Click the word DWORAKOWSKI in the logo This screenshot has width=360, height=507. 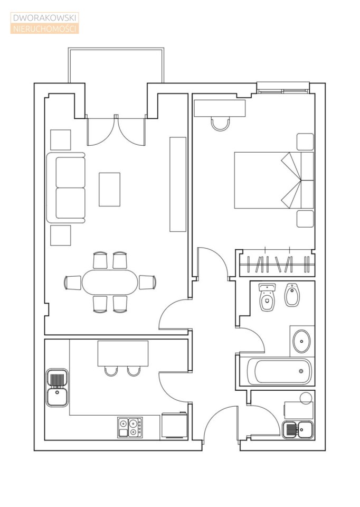[44, 18]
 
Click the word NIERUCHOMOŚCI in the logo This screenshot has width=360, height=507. [44, 29]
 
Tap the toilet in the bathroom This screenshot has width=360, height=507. [267, 297]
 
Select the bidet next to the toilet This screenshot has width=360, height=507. [292, 295]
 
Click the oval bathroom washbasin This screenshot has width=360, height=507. [301, 341]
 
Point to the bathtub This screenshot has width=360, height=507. [279, 371]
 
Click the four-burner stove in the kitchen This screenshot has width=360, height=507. [130, 427]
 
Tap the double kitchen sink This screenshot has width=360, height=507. [57, 388]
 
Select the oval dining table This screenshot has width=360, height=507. [110, 282]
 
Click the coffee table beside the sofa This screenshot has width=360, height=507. [110, 190]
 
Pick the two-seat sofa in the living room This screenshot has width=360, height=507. [66, 188]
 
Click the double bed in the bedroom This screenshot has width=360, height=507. [274, 180]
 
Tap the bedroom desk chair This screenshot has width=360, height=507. [221, 124]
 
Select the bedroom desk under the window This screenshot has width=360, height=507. [220, 108]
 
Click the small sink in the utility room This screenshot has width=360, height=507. [298, 430]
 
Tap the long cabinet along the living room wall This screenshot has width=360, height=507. [178, 184]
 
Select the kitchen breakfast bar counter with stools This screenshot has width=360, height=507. [123, 353]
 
